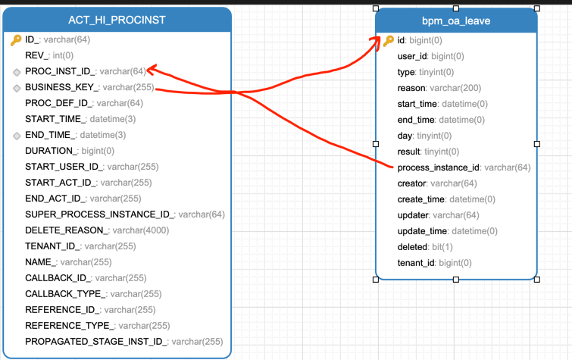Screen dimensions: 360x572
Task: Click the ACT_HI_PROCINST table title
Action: pos(117,19)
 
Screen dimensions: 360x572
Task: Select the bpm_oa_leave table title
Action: pos(456,20)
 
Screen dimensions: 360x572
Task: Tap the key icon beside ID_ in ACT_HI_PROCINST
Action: pos(16,40)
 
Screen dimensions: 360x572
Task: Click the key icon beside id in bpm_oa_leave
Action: pos(388,40)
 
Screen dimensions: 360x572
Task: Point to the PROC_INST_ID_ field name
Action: pos(60,71)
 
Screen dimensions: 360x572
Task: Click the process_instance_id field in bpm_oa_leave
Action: pos(438,167)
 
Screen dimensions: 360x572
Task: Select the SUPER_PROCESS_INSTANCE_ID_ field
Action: pos(99,214)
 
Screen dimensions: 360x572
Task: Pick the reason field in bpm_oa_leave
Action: pos(411,88)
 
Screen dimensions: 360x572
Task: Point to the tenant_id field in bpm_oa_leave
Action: pos(415,263)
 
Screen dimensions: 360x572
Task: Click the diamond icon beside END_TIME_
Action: pos(16,136)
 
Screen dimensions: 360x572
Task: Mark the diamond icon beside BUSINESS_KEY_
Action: pos(16,88)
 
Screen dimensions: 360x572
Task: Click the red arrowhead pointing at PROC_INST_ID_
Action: pos(151,70)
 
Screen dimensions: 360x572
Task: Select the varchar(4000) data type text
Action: pos(142,230)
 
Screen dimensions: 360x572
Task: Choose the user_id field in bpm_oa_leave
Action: pos(413,56)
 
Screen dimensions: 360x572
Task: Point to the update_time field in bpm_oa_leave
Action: pos(422,231)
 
